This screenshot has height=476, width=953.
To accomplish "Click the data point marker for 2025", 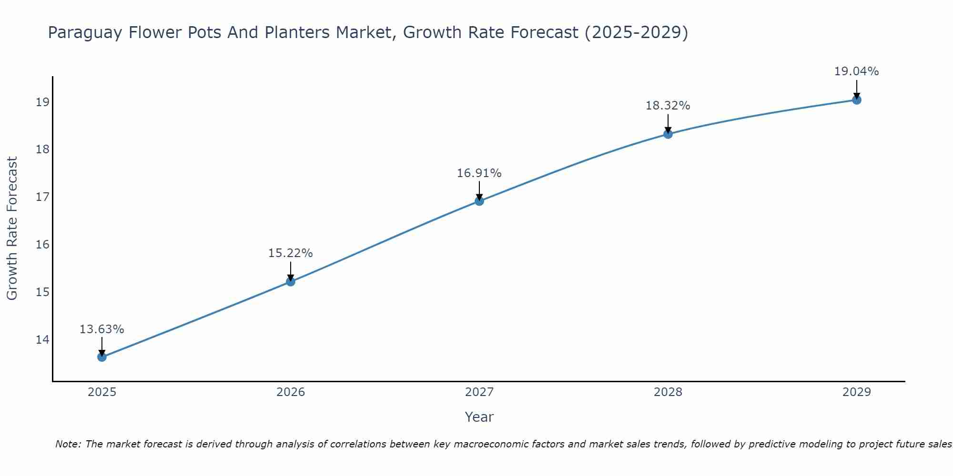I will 102,357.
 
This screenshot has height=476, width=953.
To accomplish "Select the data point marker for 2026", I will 291,281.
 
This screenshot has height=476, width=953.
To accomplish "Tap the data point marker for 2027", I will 479,201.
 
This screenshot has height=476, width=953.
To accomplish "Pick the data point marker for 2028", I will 668,134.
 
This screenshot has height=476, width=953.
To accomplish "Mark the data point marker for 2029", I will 857,100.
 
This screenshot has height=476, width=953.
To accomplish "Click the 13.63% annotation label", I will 101,329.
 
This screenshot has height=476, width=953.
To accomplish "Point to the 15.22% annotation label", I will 290,253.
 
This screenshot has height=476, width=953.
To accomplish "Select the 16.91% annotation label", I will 479,173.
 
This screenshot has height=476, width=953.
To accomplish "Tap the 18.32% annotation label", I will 668,106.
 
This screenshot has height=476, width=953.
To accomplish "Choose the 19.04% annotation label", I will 856,71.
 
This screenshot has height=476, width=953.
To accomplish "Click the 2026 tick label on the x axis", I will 291,392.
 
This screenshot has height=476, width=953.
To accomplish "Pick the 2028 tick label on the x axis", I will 668,392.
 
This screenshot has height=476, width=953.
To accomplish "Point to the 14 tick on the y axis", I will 42,339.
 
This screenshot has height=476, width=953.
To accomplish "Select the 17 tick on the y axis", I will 42,197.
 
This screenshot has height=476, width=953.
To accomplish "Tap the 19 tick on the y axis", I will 42,102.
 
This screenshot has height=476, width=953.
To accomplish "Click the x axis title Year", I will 479,417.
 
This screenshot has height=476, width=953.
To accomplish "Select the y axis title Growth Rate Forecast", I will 12,228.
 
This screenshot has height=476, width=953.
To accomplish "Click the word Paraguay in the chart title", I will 85,33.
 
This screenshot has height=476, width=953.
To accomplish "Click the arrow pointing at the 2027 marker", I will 479,190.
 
